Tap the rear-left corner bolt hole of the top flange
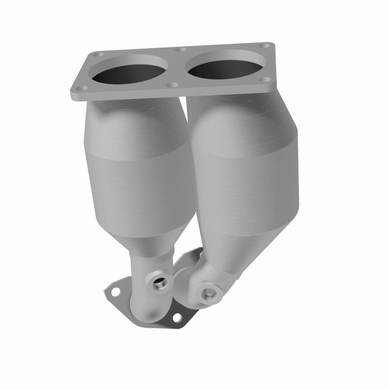point(100,55)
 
